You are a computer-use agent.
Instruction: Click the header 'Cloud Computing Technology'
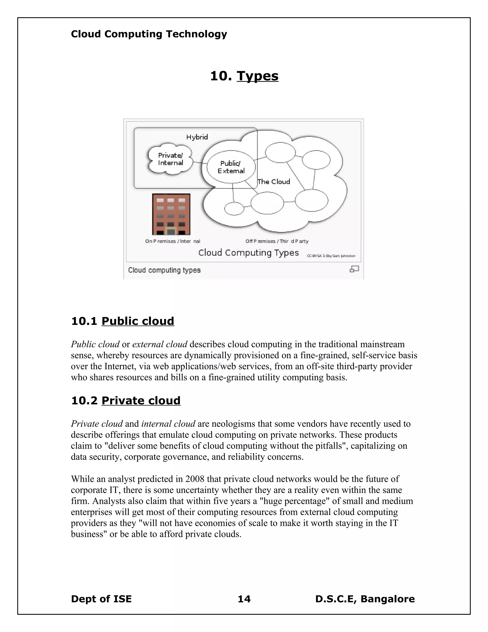[x=149, y=34]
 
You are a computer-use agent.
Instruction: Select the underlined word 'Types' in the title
[x=257, y=76]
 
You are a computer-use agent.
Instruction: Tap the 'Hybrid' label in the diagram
[x=197, y=137]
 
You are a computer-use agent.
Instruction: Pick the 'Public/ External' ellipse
[x=231, y=167]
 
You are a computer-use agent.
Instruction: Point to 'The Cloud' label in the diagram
[x=274, y=182]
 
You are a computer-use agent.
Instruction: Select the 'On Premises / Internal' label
[x=173, y=241]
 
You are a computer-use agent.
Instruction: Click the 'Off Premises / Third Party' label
[x=277, y=241]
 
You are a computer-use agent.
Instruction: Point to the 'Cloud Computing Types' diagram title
[x=248, y=253]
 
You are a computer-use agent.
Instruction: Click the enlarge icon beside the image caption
[x=354, y=269]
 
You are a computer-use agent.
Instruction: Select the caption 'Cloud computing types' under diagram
[x=164, y=270]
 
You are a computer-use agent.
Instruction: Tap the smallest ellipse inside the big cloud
[x=234, y=209]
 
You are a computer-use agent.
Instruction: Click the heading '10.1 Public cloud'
[x=122, y=321]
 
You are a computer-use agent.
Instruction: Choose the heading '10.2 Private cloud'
[x=126, y=400]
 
